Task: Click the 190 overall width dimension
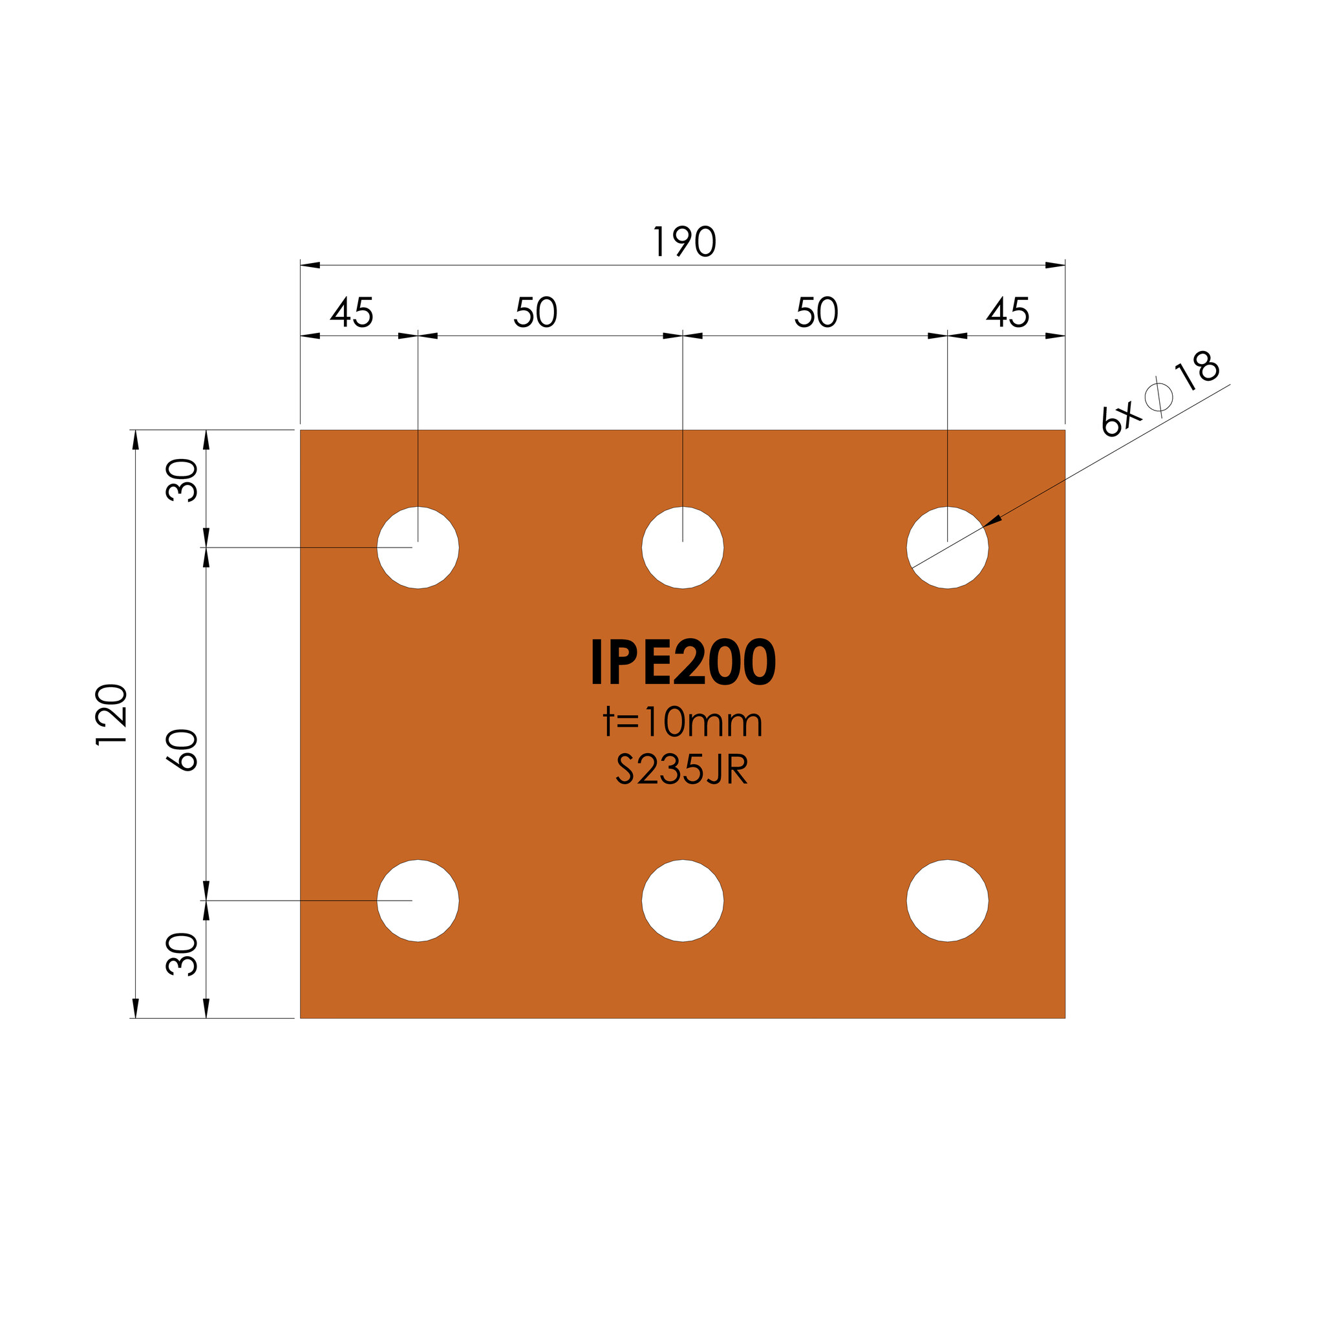(x=685, y=242)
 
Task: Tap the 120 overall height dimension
(x=111, y=714)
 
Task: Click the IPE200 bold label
(x=683, y=662)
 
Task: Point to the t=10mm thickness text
(x=683, y=722)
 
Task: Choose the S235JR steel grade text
(x=682, y=770)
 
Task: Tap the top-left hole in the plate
(x=418, y=548)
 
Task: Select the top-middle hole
(x=683, y=548)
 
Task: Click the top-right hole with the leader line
(x=948, y=548)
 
